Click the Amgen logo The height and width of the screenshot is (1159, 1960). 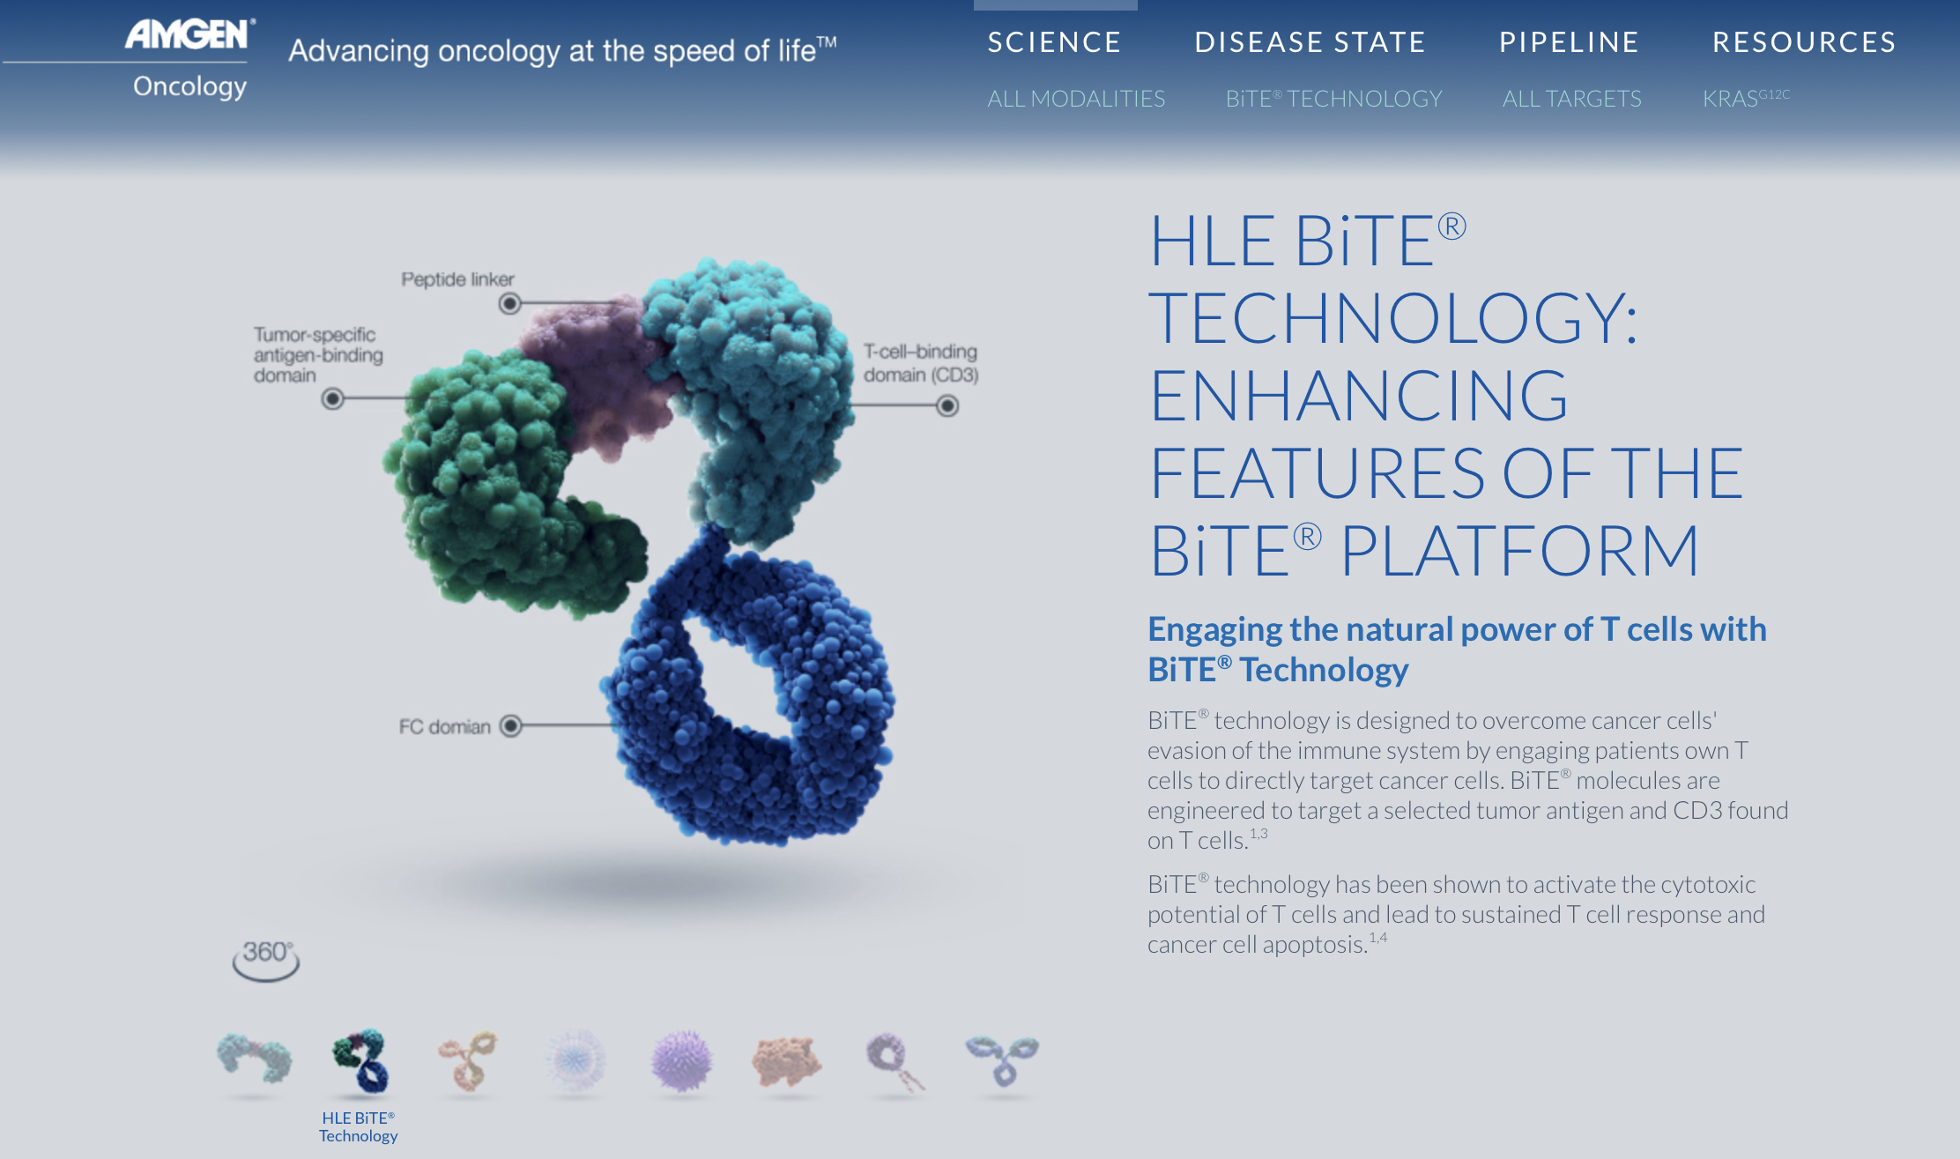pyautogui.click(x=189, y=60)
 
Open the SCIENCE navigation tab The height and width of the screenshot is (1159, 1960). pyautogui.click(x=1054, y=42)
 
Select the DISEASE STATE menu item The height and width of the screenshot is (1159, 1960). pyautogui.click(x=1310, y=42)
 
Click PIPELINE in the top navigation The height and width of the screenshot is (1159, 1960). pyautogui.click(x=1569, y=42)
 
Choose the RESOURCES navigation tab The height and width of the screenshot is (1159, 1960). pyautogui.click(x=1804, y=42)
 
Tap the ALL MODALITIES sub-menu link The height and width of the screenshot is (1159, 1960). pyautogui.click(x=1076, y=99)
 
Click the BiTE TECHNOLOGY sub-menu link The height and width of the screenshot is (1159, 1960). pyautogui.click(x=1334, y=99)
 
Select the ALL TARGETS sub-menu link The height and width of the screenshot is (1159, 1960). pyautogui.click(x=1572, y=99)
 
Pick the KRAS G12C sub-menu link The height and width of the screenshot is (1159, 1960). pyautogui.click(x=1746, y=98)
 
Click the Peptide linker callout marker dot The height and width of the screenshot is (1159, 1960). pyautogui.click(x=509, y=304)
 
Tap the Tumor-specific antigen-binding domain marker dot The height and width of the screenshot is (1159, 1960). pyautogui.click(x=332, y=399)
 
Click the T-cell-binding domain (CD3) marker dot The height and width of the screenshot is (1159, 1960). pyautogui.click(x=947, y=406)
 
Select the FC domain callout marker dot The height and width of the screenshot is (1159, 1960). pyautogui.click(x=511, y=725)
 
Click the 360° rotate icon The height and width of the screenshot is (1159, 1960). pyautogui.click(x=265, y=960)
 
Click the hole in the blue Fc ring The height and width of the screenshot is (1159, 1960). pyautogui.click(x=736, y=674)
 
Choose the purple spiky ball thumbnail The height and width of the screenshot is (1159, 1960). pyautogui.click(x=681, y=1060)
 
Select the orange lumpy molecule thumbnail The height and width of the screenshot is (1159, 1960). pyautogui.click(x=787, y=1060)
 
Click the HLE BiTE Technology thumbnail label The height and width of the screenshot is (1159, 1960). pyautogui.click(x=359, y=1127)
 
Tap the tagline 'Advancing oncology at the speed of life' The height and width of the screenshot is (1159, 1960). pyautogui.click(x=562, y=50)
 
